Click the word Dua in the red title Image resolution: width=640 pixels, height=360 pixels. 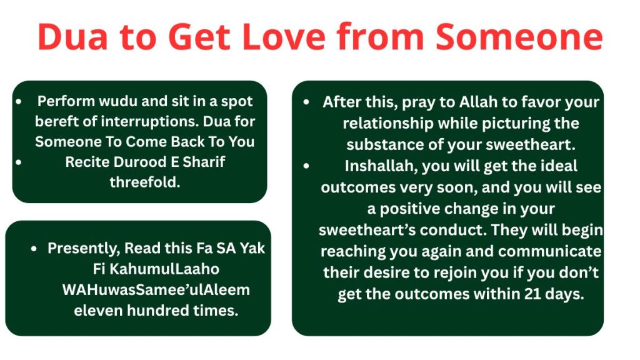click(x=73, y=37)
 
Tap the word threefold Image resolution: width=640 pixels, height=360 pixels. click(x=145, y=182)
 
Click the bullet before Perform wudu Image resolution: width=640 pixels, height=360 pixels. click(x=19, y=101)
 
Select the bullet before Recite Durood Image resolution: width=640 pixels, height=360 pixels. click(x=19, y=162)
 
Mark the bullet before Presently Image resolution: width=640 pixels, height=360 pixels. click(x=34, y=248)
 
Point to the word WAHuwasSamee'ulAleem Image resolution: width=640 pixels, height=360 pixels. click(x=156, y=290)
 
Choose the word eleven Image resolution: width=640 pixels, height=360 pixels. click(x=98, y=311)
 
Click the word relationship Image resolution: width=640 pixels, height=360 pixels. click(x=387, y=123)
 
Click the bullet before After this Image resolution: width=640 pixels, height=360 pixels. click(x=306, y=102)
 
